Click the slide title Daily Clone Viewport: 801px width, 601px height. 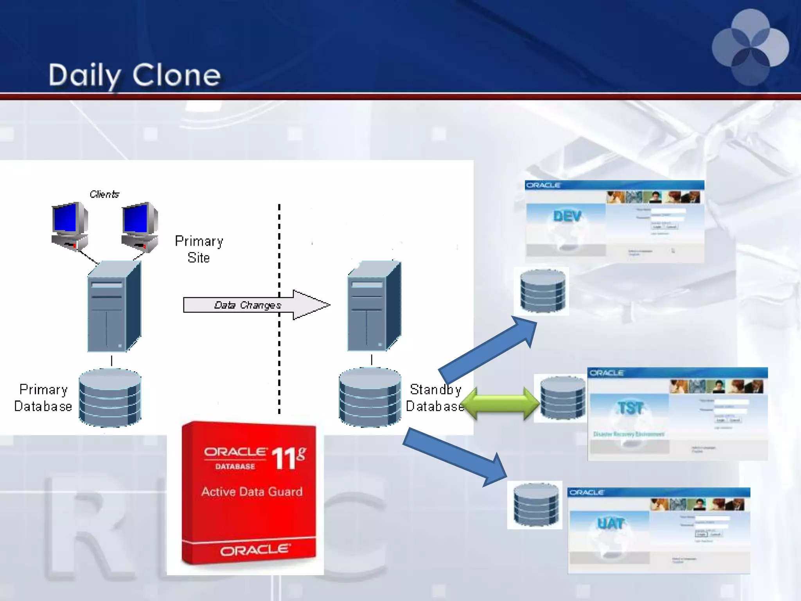click(135, 75)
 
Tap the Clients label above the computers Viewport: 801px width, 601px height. click(104, 194)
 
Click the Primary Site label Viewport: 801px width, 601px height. click(199, 249)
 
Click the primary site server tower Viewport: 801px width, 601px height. click(114, 307)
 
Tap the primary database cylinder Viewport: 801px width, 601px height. click(110, 397)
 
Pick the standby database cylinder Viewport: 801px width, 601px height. click(370, 397)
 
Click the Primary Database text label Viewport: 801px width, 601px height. click(43, 398)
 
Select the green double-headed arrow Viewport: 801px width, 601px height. click(500, 403)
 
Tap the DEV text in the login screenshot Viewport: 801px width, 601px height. click(567, 216)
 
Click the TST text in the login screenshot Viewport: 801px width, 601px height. click(630, 408)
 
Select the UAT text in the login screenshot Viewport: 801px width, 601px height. click(611, 524)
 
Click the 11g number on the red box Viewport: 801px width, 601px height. click(288, 457)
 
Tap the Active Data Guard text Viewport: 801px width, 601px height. click(252, 491)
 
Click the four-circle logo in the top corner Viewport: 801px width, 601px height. click(750, 47)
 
